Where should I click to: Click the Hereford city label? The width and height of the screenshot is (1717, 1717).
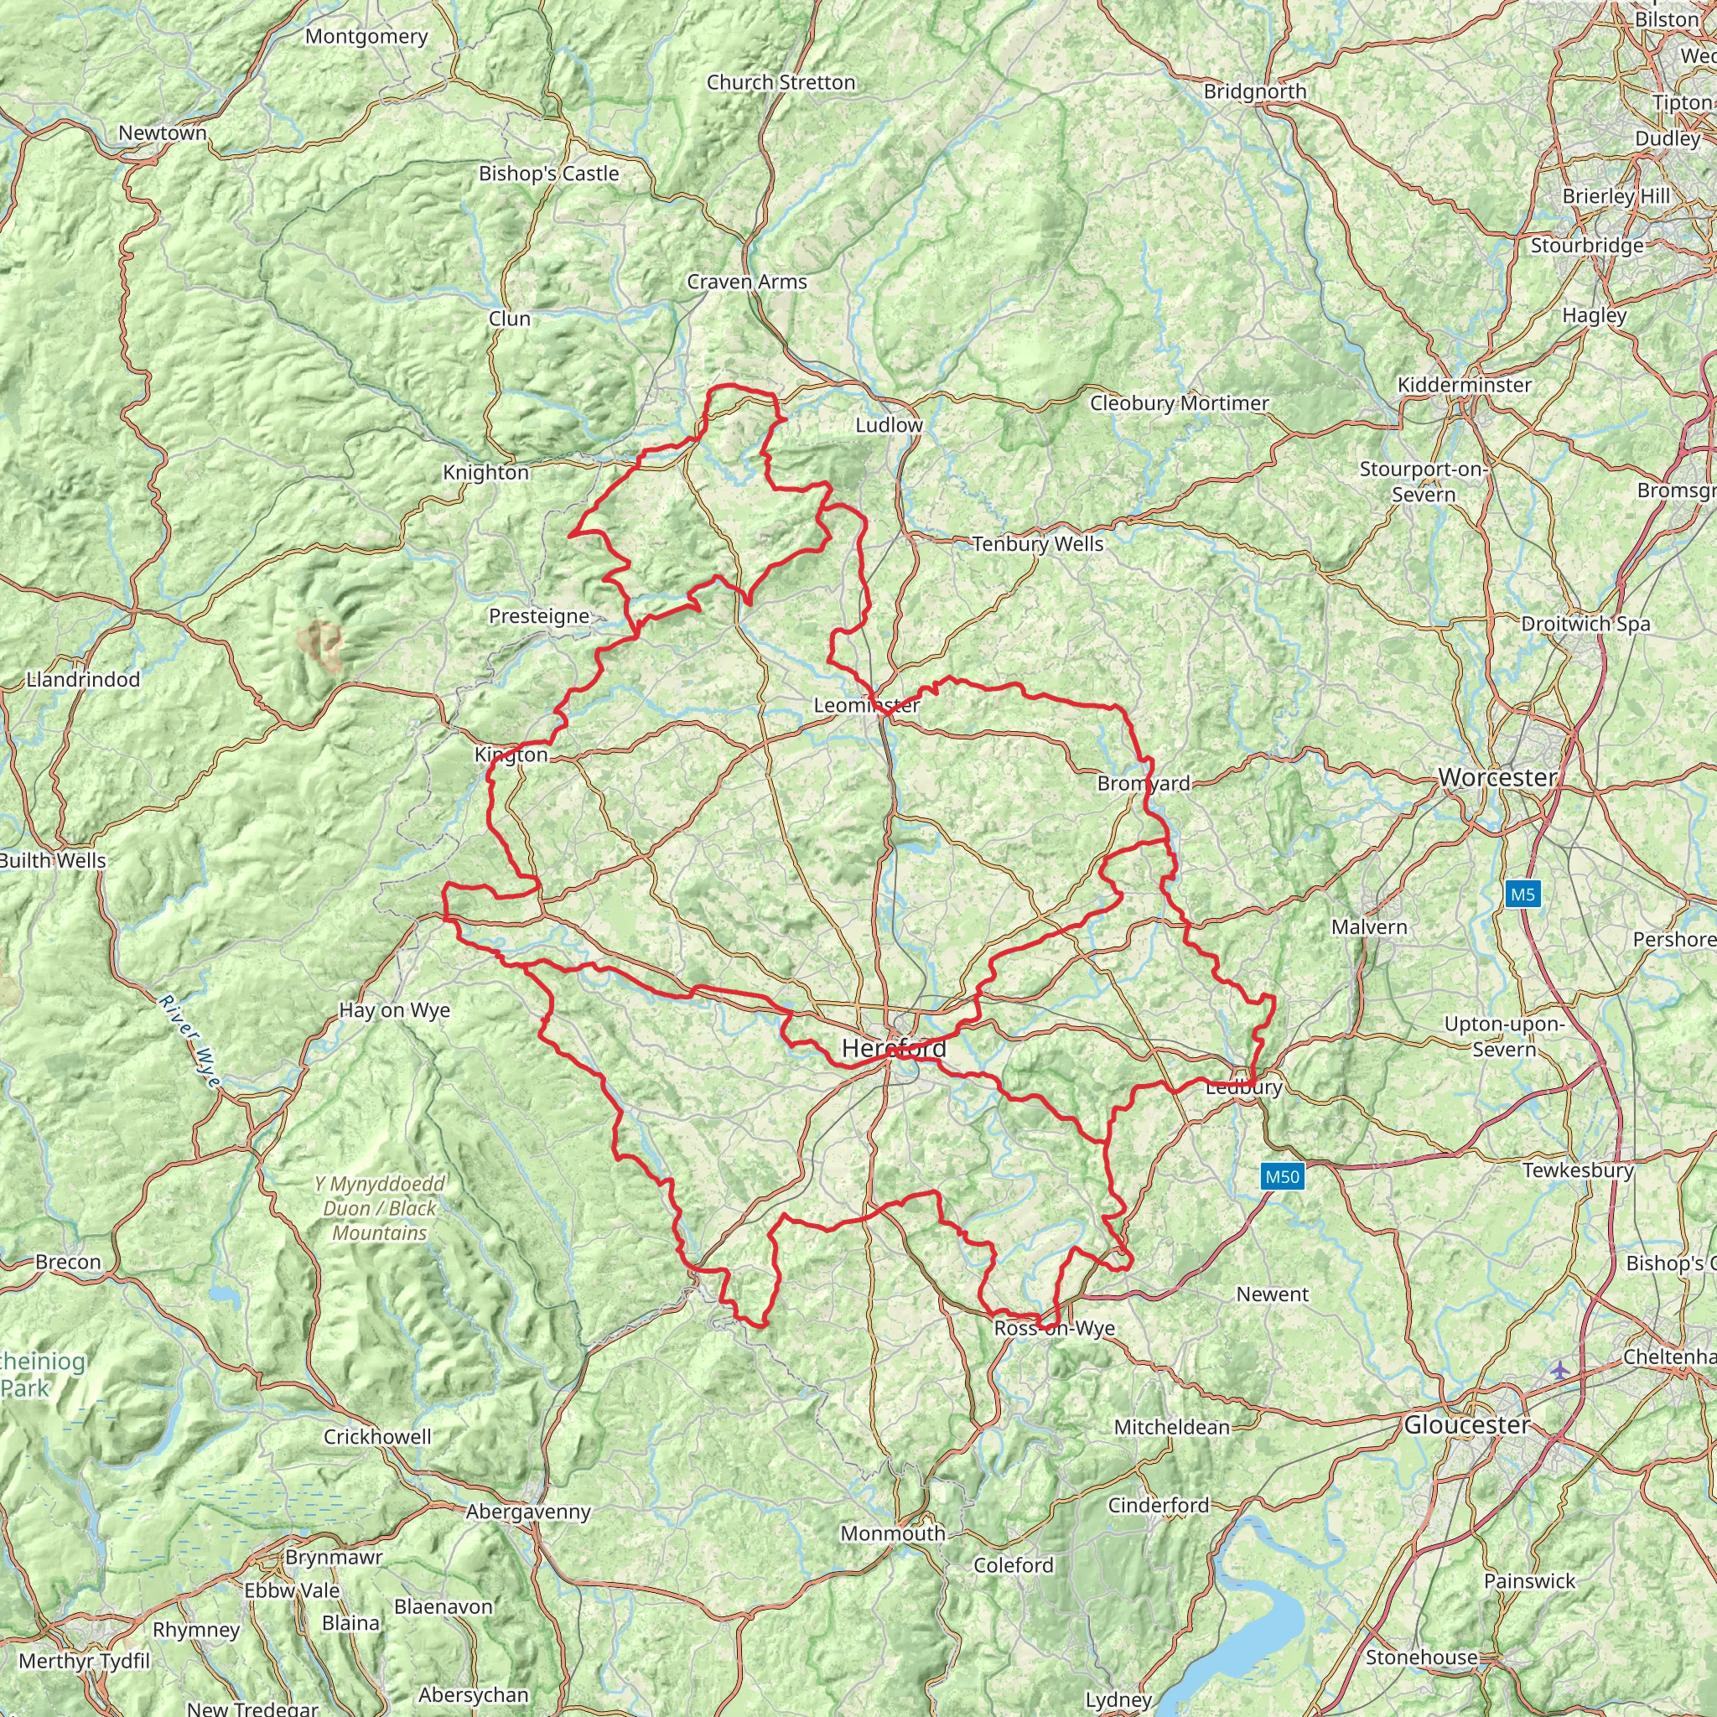click(894, 1049)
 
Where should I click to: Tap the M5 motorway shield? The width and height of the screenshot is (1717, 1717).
click(1522, 894)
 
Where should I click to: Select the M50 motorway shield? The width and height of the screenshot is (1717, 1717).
click(1282, 1176)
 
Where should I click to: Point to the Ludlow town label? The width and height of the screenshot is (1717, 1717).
click(889, 425)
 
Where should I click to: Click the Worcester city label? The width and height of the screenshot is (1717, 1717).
click(1497, 778)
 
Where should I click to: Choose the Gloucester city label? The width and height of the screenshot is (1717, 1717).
click(1467, 1424)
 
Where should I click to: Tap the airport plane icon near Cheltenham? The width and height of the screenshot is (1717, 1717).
click(1559, 1370)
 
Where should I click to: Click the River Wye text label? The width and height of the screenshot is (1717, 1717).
click(189, 1041)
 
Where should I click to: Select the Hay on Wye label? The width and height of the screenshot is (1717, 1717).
click(395, 1010)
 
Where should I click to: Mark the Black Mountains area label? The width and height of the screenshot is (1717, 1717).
click(381, 1209)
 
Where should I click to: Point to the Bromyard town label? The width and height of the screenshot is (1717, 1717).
click(1144, 783)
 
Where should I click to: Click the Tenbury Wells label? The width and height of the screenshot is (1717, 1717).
click(1037, 544)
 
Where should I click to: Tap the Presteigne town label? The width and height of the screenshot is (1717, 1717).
click(538, 616)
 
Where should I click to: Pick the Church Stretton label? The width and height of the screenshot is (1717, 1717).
click(781, 83)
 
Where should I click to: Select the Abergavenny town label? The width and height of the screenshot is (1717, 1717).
click(528, 1512)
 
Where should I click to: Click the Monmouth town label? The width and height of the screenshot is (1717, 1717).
click(892, 1533)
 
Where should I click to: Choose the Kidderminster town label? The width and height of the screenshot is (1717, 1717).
click(1465, 385)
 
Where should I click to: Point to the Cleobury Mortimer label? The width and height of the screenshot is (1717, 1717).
click(1180, 402)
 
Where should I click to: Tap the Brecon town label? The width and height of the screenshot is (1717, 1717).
click(69, 1262)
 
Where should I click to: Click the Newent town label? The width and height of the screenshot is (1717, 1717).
click(1273, 1294)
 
